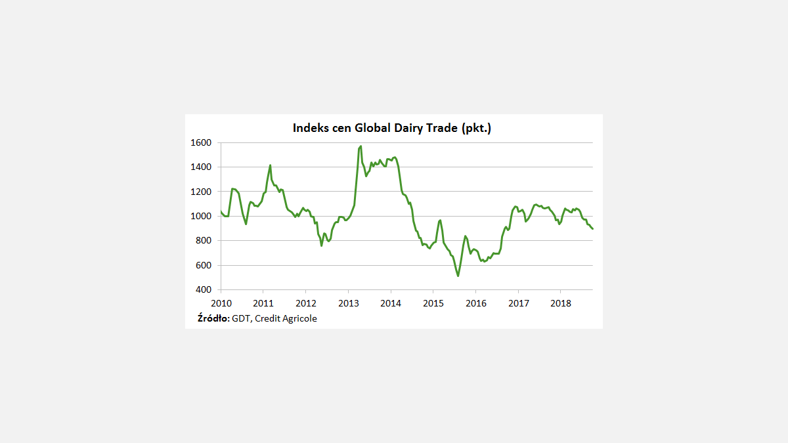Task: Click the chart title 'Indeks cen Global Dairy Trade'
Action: click(392, 128)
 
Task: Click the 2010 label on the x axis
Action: click(221, 303)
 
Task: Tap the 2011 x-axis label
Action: click(263, 303)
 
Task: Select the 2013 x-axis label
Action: click(348, 303)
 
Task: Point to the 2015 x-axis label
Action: click(433, 303)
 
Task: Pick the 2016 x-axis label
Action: click(475, 303)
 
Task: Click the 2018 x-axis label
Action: click(560, 303)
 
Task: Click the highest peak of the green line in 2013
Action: click(361, 146)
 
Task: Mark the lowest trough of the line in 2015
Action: click(458, 276)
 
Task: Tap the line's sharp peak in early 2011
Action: click(270, 165)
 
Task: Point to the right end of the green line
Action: click(592, 228)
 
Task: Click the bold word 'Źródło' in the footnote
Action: click(213, 318)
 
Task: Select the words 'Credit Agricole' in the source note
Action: click(286, 318)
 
